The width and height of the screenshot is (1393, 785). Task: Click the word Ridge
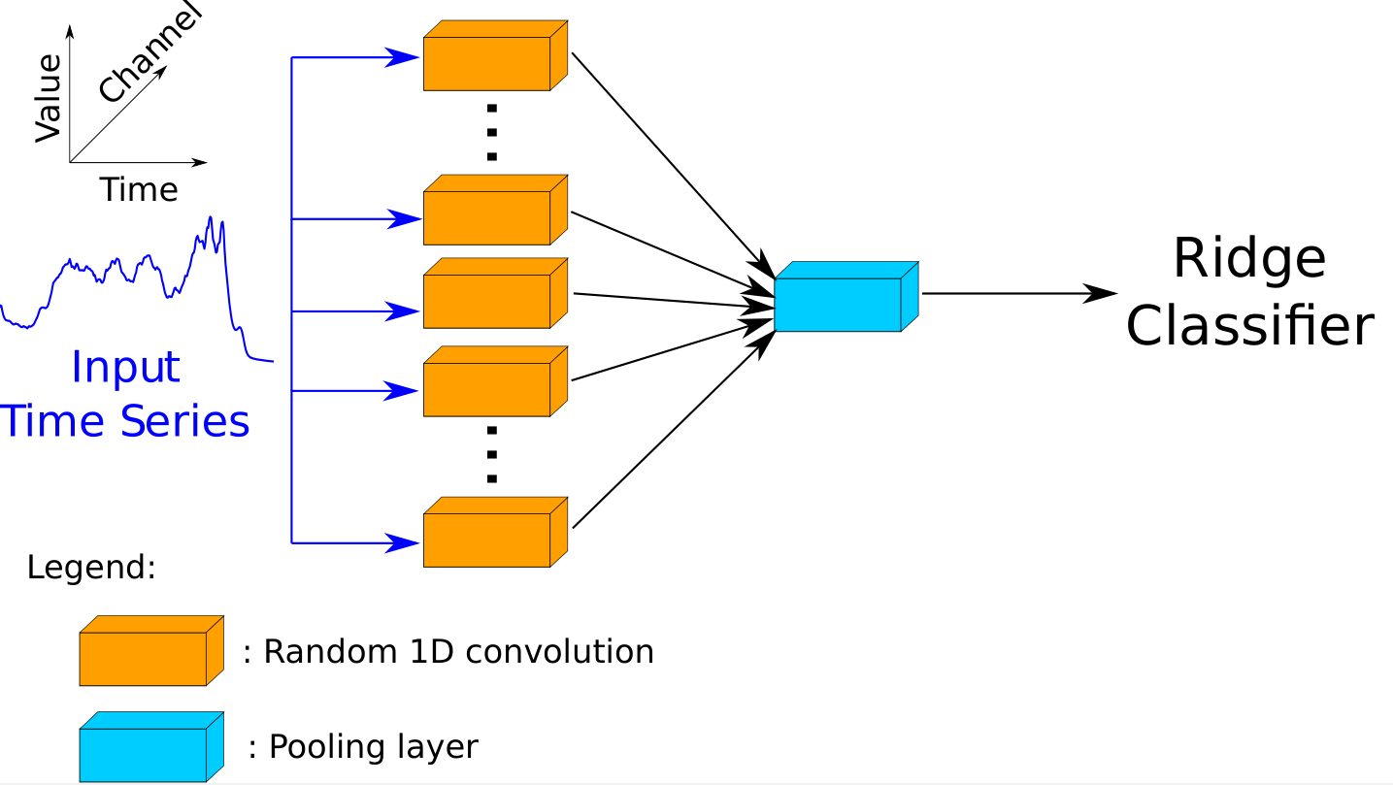click(x=1248, y=259)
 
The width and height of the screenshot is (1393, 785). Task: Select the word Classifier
click(x=1249, y=325)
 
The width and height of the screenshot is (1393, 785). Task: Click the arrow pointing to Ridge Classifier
click(x=1019, y=292)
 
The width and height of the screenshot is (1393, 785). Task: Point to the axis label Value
click(x=48, y=99)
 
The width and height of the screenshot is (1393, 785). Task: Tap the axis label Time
click(x=139, y=190)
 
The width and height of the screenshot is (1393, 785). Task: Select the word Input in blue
click(x=125, y=368)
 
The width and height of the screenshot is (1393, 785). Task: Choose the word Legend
click(x=91, y=568)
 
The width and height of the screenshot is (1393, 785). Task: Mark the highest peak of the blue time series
click(x=210, y=218)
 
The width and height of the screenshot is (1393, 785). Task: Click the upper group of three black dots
click(x=492, y=131)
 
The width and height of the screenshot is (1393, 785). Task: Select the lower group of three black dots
click(x=492, y=453)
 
